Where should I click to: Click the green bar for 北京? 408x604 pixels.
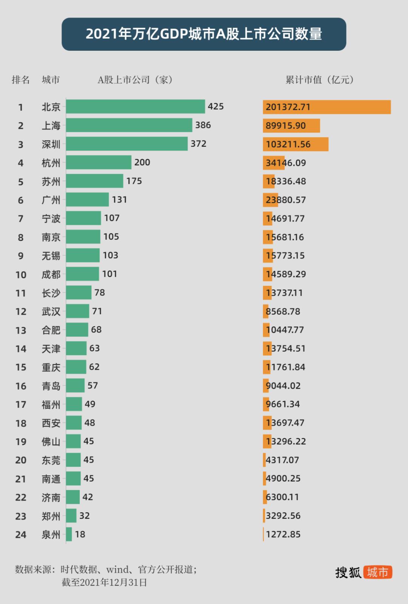coord(135,107)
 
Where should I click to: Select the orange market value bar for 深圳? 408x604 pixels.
coord(295,144)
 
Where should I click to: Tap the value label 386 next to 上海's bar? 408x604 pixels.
coord(203,125)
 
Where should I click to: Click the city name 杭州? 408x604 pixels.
coord(51,163)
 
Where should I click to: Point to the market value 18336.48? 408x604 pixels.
coord(286,181)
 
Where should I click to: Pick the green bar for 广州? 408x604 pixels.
coord(87,200)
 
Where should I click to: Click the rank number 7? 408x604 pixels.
coord(21,219)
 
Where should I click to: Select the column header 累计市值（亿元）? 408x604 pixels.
coord(320,80)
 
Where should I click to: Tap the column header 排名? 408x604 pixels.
coord(21,80)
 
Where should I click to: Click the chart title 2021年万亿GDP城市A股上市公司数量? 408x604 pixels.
coord(204,34)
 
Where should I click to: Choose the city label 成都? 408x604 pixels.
coord(51,274)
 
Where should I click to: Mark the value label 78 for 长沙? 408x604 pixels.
coord(100,292)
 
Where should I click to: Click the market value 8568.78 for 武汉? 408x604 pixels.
coord(283,311)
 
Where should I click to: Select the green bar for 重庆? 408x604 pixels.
coord(76,367)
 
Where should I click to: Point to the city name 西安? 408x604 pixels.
coord(51,423)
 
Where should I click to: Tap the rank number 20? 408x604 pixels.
coord(21,460)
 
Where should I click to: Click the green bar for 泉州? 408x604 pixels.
coord(69,534)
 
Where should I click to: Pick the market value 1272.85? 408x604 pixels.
coord(283,534)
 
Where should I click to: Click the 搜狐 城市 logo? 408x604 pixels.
coord(363,572)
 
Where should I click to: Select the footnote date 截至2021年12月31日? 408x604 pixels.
coord(104,582)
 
